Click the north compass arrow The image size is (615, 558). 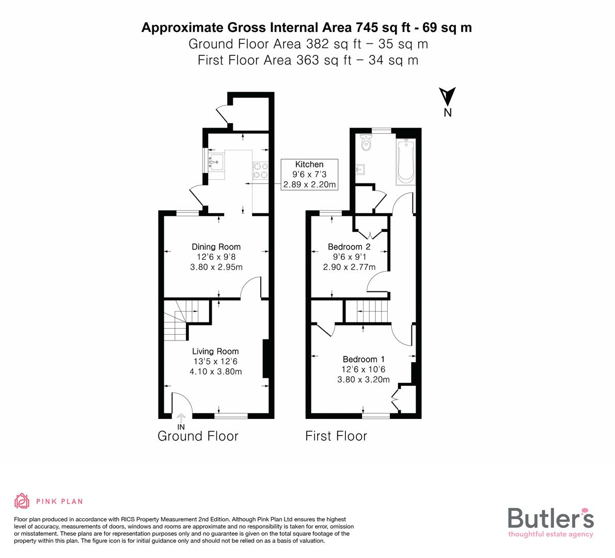(447, 97)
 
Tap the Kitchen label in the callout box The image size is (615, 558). (309, 164)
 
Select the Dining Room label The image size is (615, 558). (216, 246)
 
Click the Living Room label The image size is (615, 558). (215, 351)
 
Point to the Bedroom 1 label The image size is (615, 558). (364, 359)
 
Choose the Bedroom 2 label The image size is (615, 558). (349, 246)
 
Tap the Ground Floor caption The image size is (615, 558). (198, 436)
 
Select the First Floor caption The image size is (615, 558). (336, 436)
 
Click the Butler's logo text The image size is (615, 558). (550, 518)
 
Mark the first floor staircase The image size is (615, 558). (366, 312)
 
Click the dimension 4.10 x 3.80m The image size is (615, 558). (215, 371)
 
